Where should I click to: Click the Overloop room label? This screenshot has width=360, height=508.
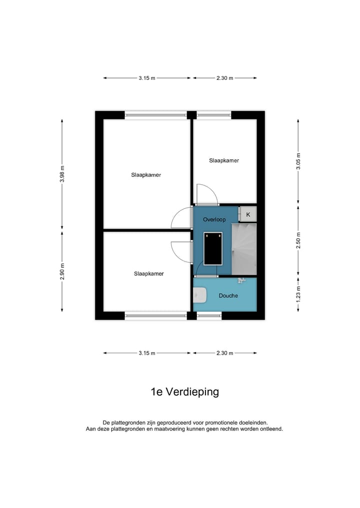(x=214, y=219)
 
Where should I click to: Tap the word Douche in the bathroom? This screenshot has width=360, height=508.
(x=228, y=296)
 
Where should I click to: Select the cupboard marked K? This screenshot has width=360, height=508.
(x=248, y=214)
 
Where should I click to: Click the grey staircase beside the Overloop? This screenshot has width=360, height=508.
(x=243, y=249)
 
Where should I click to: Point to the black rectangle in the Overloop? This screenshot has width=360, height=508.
(x=212, y=248)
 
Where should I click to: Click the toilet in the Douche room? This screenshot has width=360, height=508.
(x=200, y=295)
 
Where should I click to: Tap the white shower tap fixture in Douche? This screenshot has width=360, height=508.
(x=241, y=280)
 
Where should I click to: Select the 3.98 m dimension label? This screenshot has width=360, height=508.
(x=62, y=174)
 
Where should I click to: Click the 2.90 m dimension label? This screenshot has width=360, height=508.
(x=62, y=271)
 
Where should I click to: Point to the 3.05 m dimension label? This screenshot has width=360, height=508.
(x=298, y=161)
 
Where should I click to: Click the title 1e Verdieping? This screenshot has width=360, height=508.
(x=184, y=392)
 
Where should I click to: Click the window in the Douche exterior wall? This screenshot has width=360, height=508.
(x=209, y=316)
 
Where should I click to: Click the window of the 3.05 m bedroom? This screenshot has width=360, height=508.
(x=214, y=115)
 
